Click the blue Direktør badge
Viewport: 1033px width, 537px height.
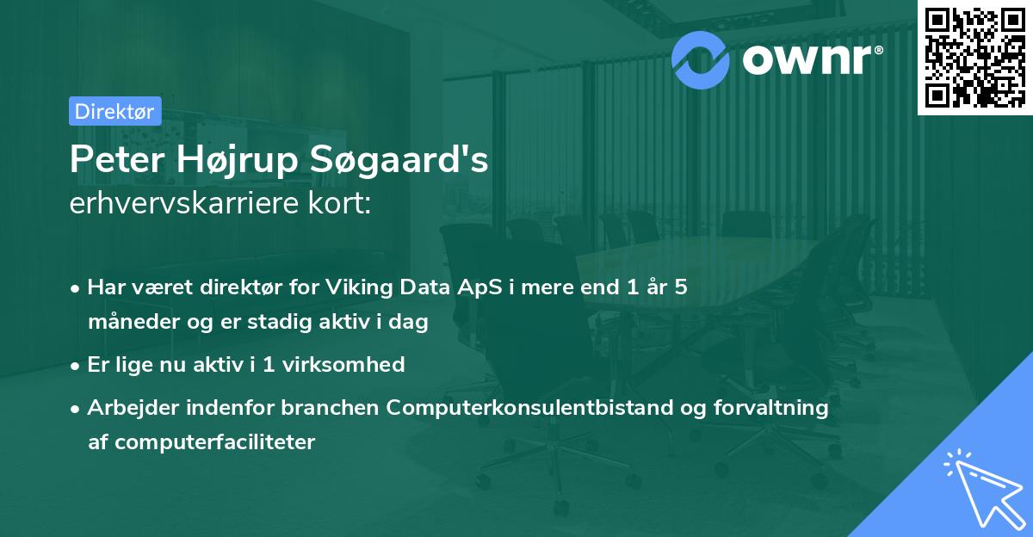pos(115,111)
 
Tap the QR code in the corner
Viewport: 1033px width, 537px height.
pos(974,58)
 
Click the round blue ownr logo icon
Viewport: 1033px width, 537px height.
pos(700,60)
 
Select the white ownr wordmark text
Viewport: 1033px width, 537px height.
pos(807,60)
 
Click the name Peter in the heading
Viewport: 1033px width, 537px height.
pos(117,159)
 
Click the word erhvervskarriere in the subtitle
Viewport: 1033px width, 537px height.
pos(184,202)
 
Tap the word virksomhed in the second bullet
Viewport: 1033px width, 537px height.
pos(343,365)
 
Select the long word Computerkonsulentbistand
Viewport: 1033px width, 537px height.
pos(530,408)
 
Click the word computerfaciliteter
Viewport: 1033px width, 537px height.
pos(215,442)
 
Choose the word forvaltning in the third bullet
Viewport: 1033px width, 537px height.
pos(770,408)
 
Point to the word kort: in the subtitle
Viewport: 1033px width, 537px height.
pos(339,202)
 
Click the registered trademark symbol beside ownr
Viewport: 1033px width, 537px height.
pos(878,50)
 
